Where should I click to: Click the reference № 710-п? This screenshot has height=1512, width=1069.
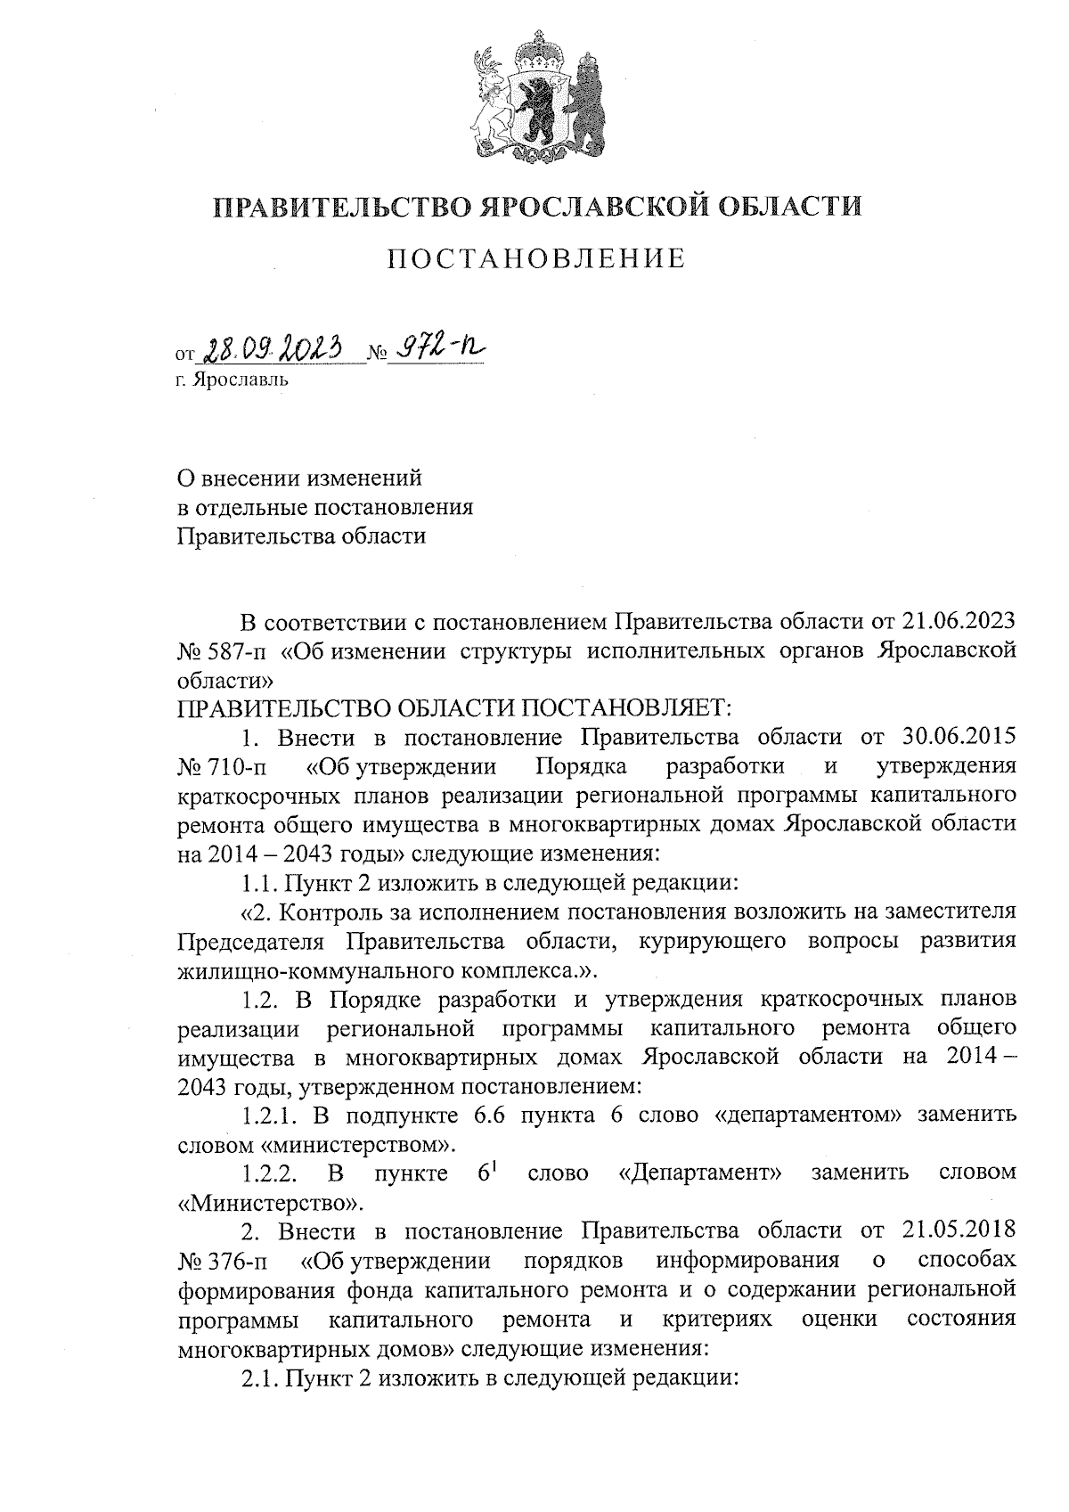(x=222, y=767)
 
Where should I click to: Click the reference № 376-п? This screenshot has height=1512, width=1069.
(x=222, y=1261)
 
